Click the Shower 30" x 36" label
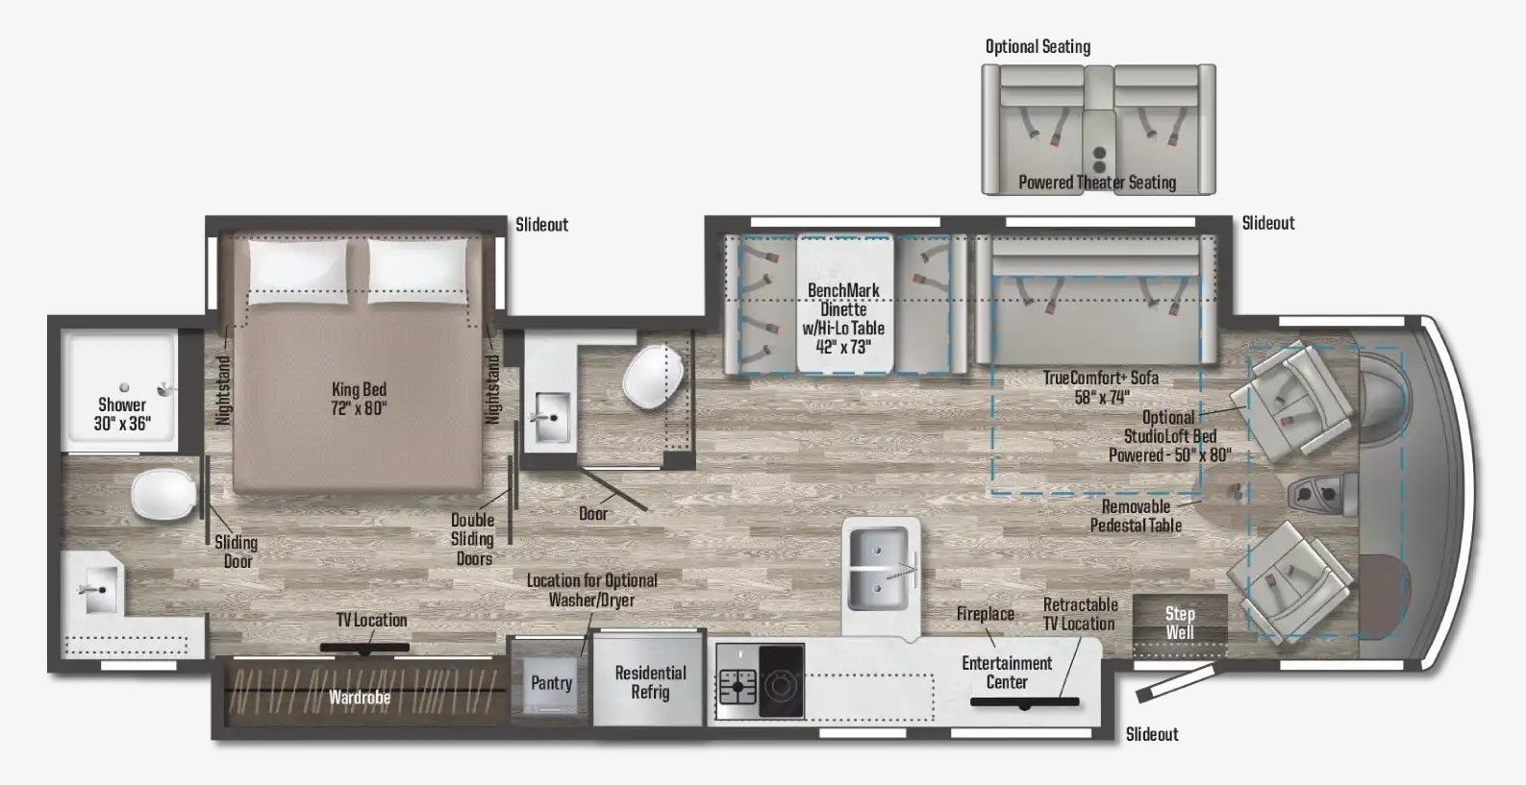[122, 414]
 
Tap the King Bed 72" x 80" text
[359, 399]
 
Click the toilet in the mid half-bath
[653, 376]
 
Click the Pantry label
[551, 683]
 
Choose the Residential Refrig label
[650, 682]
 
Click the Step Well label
[1180, 623]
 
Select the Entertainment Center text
[1007, 673]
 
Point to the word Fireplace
[985, 614]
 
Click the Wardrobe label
[360, 698]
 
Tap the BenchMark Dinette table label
[843, 318]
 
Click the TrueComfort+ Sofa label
[1100, 387]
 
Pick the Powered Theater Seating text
[1097, 183]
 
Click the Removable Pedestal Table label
[1136, 516]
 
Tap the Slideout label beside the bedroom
[541, 225]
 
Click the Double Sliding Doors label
[472, 539]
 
